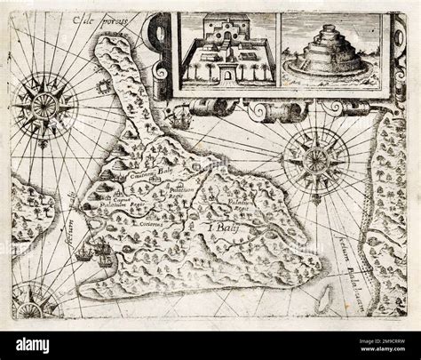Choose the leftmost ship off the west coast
pos(82,255)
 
